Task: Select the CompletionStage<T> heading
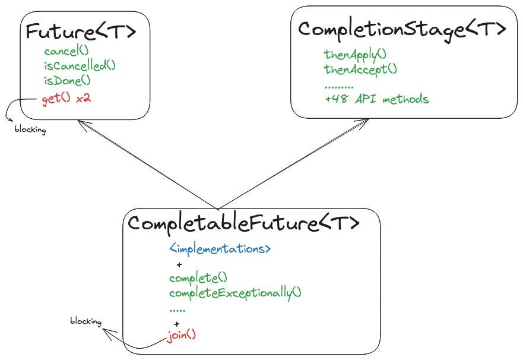tap(402, 29)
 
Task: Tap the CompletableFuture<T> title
tap(244, 224)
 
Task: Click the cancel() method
tap(66, 51)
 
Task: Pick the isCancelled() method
tap(80, 65)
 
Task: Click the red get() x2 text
tap(66, 98)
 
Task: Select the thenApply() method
tap(355, 54)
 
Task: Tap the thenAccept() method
tap(360, 69)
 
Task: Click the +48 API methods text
tap(376, 99)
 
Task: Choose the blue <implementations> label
tap(220, 248)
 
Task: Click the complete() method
tap(198, 277)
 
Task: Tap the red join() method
tap(182, 335)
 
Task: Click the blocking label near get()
tap(30, 129)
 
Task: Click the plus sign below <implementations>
tap(179, 264)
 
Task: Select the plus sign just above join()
tap(176, 324)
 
